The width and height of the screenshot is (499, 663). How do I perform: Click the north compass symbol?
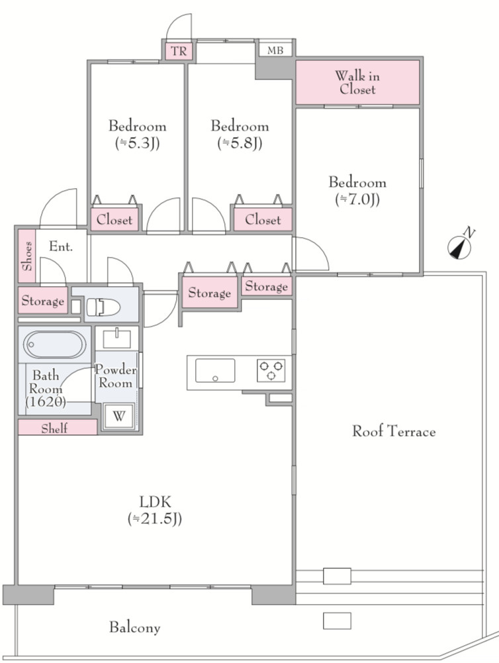point(459,247)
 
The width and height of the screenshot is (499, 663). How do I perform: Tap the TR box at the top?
point(179,51)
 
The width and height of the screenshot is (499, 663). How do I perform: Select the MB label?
point(275,51)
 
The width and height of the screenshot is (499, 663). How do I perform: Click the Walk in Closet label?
point(357,82)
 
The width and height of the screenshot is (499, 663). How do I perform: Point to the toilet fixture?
point(103,307)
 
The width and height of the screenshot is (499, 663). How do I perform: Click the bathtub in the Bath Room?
point(54,344)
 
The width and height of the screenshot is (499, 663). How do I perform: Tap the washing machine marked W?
point(118,417)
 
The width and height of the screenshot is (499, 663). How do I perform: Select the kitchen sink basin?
point(215,371)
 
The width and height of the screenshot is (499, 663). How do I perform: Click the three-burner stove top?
point(271,371)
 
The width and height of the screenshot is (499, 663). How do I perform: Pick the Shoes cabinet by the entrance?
point(27,256)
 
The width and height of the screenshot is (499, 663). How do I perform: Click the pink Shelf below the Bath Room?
point(58,427)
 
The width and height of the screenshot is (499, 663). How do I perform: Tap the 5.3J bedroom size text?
point(137,143)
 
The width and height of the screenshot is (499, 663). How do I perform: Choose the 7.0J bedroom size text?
point(357,199)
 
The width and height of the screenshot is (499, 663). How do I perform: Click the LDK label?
point(155,502)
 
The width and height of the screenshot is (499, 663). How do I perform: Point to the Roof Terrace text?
point(394,431)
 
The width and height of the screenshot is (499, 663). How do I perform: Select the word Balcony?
point(135,627)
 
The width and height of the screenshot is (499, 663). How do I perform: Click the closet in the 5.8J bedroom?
point(262,219)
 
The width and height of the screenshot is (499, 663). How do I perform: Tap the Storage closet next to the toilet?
point(42,301)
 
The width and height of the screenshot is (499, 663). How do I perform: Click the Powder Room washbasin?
point(116,338)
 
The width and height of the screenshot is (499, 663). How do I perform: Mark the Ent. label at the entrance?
point(61,246)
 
